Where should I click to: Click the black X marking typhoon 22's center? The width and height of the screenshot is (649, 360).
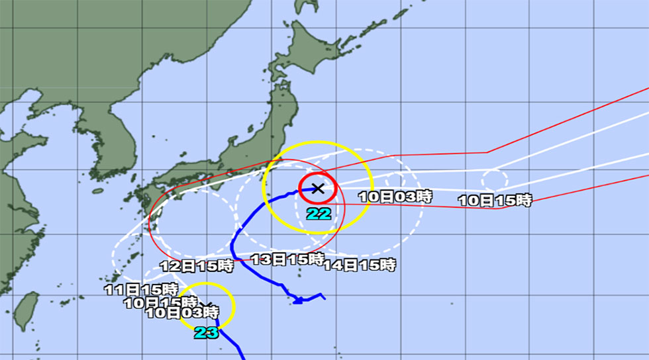318,188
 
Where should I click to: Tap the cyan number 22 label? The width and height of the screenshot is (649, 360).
319,214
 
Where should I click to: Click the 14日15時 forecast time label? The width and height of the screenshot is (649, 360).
359,265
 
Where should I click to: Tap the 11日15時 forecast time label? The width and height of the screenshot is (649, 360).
141,289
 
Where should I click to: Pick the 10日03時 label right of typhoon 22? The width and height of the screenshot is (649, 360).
395,196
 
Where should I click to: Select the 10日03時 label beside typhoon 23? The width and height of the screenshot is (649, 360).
182,312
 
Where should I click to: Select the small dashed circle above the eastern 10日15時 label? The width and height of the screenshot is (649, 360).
495,179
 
